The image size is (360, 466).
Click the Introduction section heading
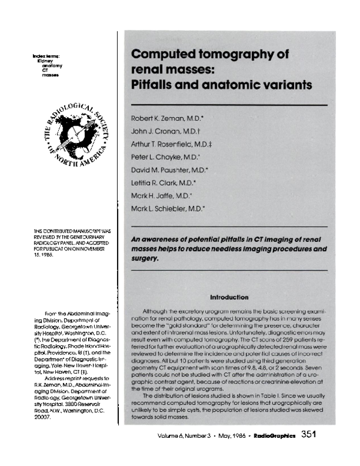click(x=229, y=297)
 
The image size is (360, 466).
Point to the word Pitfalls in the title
click(x=153, y=85)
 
